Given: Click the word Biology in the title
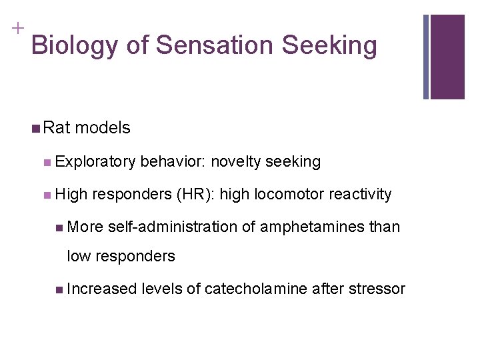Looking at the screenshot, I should [x=73, y=46].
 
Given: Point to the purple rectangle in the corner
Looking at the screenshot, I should [x=447, y=57].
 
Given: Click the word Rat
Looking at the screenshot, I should [x=58, y=127].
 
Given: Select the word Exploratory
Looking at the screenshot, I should [x=96, y=161].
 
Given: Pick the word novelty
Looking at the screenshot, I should [x=235, y=161].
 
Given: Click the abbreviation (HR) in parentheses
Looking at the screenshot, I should [x=195, y=194].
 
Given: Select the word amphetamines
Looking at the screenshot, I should [x=311, y=227].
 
